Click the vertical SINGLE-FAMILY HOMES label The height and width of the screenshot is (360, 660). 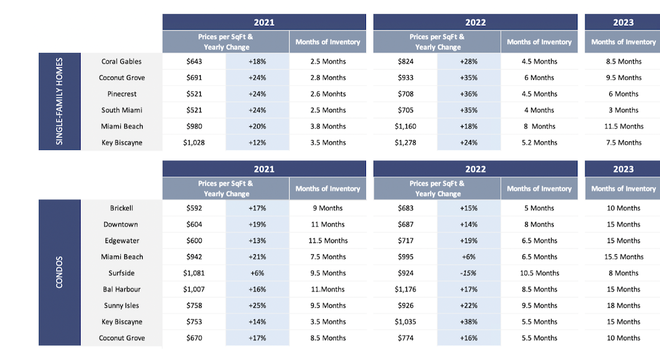point(59,102)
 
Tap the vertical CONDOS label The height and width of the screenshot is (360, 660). point(59,272)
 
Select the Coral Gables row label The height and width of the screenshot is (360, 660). point(121,61)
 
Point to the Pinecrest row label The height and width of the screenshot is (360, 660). point(122,94)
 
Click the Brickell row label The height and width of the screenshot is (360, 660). point(121,208)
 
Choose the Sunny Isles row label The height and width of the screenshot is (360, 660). point(121,306)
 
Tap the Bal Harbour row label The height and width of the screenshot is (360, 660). point(122,289)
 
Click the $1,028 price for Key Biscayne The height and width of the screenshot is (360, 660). point(194,143)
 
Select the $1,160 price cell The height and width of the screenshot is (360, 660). point(406,126)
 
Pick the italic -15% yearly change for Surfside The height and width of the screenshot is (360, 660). point(468,273)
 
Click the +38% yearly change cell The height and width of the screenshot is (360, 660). point(468,322)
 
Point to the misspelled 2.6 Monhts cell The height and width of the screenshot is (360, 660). point(328,94)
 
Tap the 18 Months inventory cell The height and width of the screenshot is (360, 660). point(624,306)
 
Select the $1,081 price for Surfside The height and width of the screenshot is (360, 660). point(194,273)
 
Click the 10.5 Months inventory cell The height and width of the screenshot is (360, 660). point(539,273)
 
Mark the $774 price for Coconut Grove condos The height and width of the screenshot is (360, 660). point(406,338)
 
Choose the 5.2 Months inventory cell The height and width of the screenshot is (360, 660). point(539,143)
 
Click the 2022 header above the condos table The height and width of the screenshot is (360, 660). point(475,169)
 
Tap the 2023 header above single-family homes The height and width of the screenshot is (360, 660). point(623,22)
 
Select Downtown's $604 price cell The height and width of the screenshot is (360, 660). point(194,225)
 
